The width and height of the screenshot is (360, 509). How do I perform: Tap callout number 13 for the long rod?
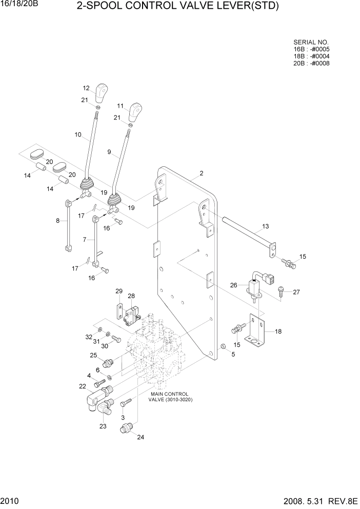[x=265, y=226]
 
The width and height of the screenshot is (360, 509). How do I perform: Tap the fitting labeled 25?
[x=107, y=363]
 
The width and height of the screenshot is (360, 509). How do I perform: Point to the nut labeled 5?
[x=224, y=348]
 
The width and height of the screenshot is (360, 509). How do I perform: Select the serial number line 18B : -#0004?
[x=311, y=56]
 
